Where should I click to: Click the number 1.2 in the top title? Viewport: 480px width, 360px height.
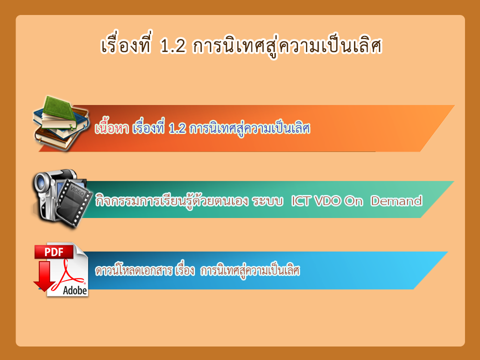click(173, 46)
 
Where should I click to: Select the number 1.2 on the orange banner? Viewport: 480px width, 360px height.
click(177, 128)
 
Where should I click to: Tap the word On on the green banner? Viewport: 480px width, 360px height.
click(353, 201)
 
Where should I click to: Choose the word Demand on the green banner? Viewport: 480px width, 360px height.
click(396, 201)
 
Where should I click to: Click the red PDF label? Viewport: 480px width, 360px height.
click(54, 252)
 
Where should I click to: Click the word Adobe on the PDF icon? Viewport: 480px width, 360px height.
click(75, 290)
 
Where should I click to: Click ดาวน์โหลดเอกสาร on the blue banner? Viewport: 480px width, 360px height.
click(133, 270)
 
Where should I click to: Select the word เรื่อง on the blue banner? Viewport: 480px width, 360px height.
click(185, 270)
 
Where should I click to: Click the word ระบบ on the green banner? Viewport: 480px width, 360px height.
click(267, 201)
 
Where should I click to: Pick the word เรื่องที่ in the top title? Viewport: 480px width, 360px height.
click(126, 45)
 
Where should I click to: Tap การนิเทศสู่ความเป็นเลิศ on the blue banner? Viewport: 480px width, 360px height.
click(250, 270)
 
